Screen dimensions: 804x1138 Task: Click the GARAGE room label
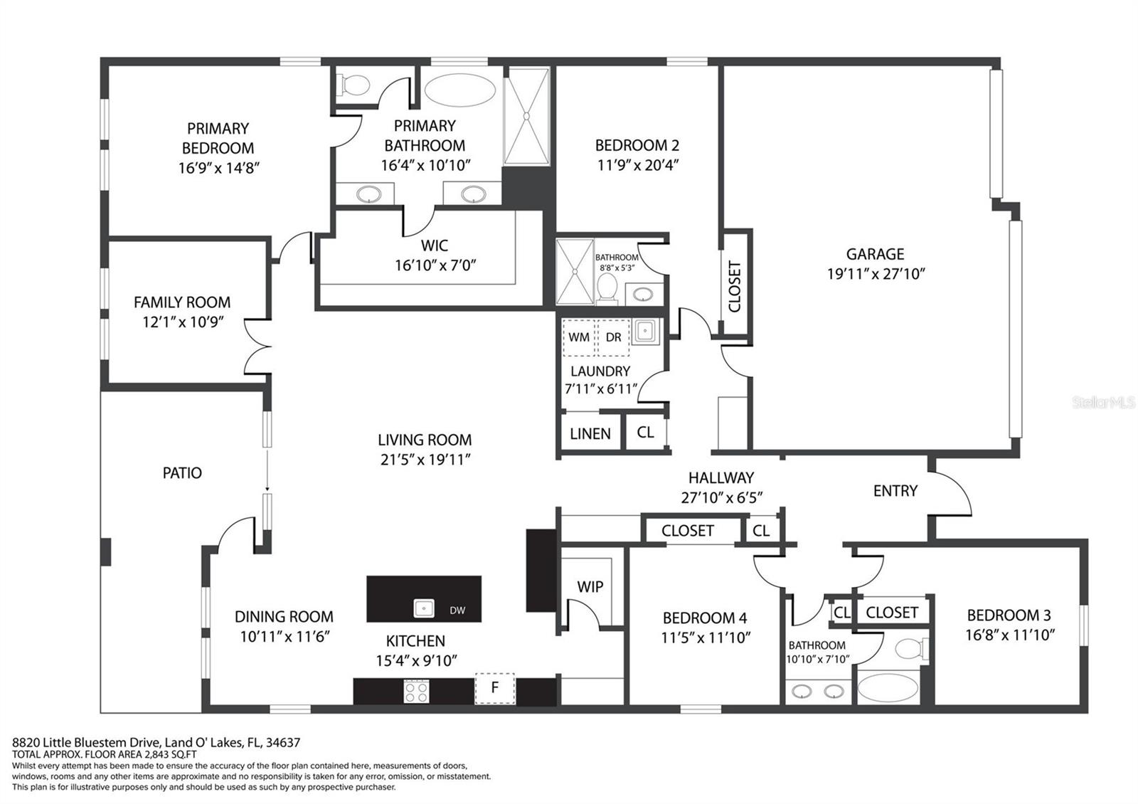[875, 254]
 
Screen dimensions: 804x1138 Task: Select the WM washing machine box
[578, 337]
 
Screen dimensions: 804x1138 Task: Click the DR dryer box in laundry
[613, 337]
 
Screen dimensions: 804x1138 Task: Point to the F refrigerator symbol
[495, 688]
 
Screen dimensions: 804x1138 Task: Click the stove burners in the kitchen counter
[416, 691]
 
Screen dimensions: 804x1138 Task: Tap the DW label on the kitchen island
[457, 610]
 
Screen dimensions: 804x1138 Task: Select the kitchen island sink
[424, 608]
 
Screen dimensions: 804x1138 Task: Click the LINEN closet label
[590, 433]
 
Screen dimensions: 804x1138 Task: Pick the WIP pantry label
[590, 586]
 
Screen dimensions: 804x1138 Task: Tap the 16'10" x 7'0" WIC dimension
[435, 265]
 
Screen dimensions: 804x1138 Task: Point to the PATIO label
[182, 473]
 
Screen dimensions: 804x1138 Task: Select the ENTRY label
[895, 490]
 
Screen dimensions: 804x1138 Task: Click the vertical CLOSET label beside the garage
[735, 286]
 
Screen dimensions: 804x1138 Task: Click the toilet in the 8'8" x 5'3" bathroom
[607, 288]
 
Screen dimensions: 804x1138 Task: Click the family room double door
[257, 347]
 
